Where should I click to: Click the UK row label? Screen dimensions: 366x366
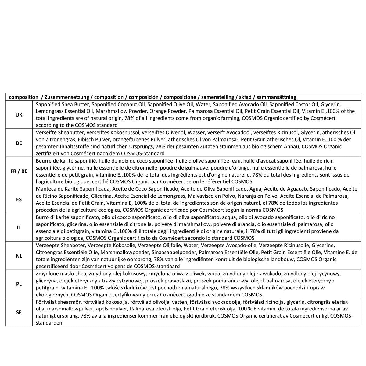pyautogui.click(x=19, y=115)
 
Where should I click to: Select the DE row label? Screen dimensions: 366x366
pyautogui.click(x=19, y=143)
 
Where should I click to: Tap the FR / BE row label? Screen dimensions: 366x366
pyautogui.click(x=19, y=171)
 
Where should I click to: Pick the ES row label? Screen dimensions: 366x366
pyautogui.click(x=19, y=199)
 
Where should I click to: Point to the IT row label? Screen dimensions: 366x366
pyautogui.click(x=19, y=228)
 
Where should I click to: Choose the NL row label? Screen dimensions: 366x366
pyautogui.click(x=19, y=256)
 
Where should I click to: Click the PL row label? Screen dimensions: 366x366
pyautogui.click(x=19, y=284)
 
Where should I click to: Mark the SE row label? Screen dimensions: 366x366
pyautogui.click(x=19, y=312)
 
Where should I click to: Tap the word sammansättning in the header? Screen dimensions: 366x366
pyautogui.click(x=276, y=97)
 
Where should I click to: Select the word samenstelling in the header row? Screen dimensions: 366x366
pyautogui.click(x=217, y=97)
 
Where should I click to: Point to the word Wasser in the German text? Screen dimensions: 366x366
pyautogui.click(x=196, y=132)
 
